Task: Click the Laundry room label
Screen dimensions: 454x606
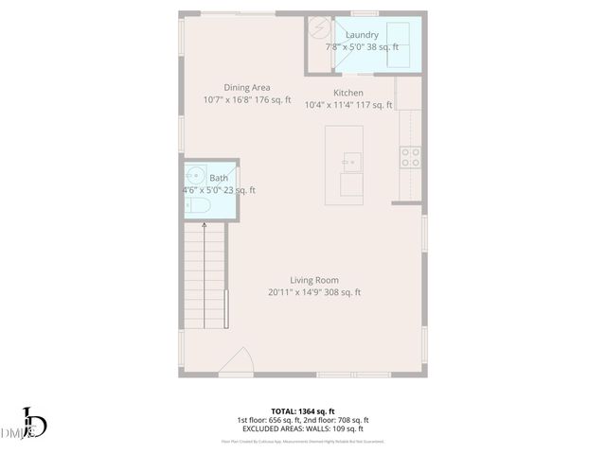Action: [x=362, y=35]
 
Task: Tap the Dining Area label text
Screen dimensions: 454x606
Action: [x=246, y=88]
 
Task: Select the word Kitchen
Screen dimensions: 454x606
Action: [x=348, y=93]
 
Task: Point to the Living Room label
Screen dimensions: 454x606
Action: [x=314, y=280]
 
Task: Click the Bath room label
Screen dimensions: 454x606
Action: [x=219, y=178]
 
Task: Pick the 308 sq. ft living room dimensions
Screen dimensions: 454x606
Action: [x=314, y=292]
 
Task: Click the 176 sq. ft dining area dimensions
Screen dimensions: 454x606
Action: [x=246, y=99]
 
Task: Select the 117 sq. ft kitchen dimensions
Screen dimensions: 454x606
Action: [x=348, y=105]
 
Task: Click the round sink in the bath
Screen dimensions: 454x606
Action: [x=195, y=176]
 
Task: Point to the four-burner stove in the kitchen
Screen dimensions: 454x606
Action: [x=410, y=157]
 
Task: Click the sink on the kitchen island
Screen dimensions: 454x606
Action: [x=350, y=162]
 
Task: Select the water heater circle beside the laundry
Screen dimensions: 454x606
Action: [x=320, y=27]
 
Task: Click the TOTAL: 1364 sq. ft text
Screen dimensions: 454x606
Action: [x=303, y=410]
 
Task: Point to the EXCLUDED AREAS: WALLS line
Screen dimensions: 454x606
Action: [x=303, y=428]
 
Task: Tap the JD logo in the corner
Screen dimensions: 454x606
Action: [x=33, y=423]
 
